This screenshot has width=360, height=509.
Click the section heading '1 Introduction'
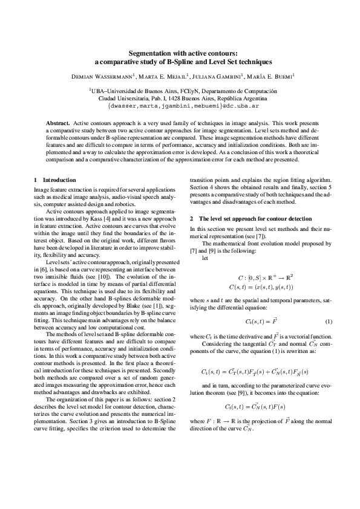tap(55, 180)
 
